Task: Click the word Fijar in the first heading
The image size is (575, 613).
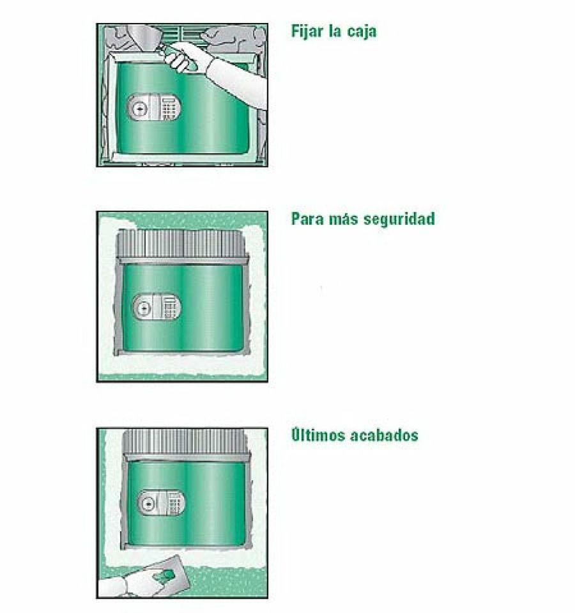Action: pos(307,31)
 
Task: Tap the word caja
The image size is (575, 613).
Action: pos(361,31)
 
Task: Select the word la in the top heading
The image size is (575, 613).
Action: pos(334,31)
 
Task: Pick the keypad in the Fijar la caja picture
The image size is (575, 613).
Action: pos(170,109)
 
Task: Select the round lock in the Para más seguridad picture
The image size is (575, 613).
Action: pos(144,308)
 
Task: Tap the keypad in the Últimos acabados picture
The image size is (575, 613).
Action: pos(176,503)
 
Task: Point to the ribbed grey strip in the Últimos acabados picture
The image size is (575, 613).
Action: pos(185,440)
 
